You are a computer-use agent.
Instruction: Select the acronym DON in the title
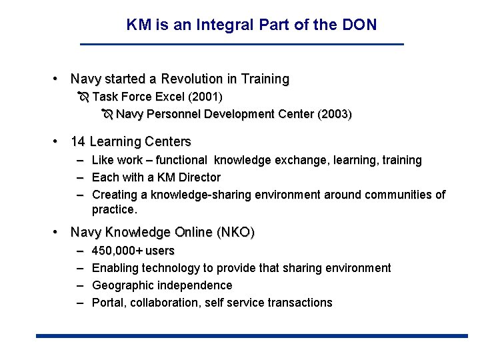click(361, 25)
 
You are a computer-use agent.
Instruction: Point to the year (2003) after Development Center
click(335, 114)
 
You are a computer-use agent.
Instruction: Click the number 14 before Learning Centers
click(78, 141)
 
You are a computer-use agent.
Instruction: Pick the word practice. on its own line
click(114, 209)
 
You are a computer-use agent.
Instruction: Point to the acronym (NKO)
click(235, 233)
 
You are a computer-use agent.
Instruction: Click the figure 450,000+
click(117, 251)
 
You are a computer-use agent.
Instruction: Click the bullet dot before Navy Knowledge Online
click(59, 233)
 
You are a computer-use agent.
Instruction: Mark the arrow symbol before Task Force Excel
click(83, 97)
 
